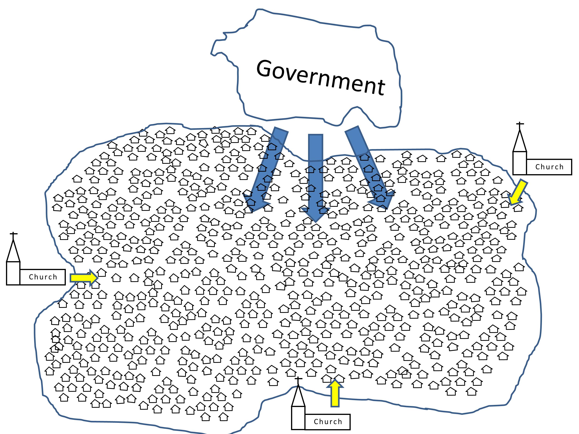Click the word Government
point(320,77)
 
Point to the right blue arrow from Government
point(369,167)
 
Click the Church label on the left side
point(43,277)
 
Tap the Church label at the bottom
point(328,422)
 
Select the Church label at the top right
point(549,167)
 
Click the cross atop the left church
point(13,234)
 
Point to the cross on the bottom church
point(298,379)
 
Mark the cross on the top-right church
point(520,124)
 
